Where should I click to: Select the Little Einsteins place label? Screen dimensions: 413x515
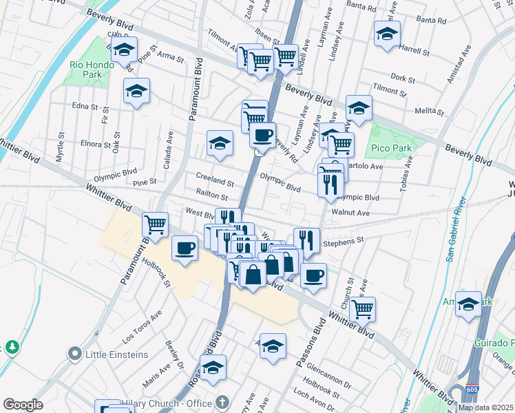pyautogui.click(x=116, y=354)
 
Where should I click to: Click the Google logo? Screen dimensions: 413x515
pyautogui.click(x=23, y=405)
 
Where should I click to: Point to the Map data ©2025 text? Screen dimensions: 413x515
pyautogui.click(x=485, y=407)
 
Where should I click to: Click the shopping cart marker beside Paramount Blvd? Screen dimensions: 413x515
pyautogui.click(x=156, y=224)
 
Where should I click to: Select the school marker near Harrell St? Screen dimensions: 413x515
pyautogui.click(x=387, y=34)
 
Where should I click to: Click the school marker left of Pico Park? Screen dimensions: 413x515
pyautogui.click(x=359, y=108)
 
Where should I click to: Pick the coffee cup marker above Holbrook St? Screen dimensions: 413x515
pyautogui.click(x=184, y=248)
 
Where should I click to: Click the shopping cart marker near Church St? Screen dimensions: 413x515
pyautogui.click(x=362, y=309)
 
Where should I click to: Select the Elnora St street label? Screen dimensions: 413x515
pyautogui.click(x=95, y=145)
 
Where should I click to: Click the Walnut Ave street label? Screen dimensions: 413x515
pyautogui.click(x=350, y=213)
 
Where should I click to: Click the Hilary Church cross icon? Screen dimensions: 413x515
pyautogui.click(x=222, y=401)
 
